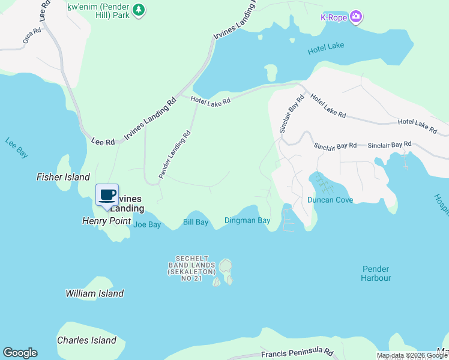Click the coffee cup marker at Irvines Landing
pyautogui.click(x=107, y=195)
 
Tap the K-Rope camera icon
pyautogui.click(x=356, y=16)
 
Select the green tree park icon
pyautogui.click(x=139, y=10)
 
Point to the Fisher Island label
pyautogui.click(x=63, y=177)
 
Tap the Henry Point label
pyautogui.click(x=106, y=221)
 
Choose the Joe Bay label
pyautogui.click(x=147, y=225)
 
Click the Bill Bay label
pyautogui.click(x=195, y=223)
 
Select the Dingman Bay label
pyautogui.click(x=247, y=221)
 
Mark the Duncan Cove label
pyautogui.click(x=330, y=200)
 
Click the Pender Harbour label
pyautogui.click(x=376, y=274)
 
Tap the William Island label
pyautogui.click(x=94, y=293)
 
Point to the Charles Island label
pyautogui.click(x=86, y=340)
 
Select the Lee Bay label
pyautogui.click(x=16, y=148)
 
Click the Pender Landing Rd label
pyautogui.click(x=175, y=154)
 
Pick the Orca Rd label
pyautogui.click(x=31, y=37)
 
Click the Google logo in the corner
pyautogui.click(x=20, y=353)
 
